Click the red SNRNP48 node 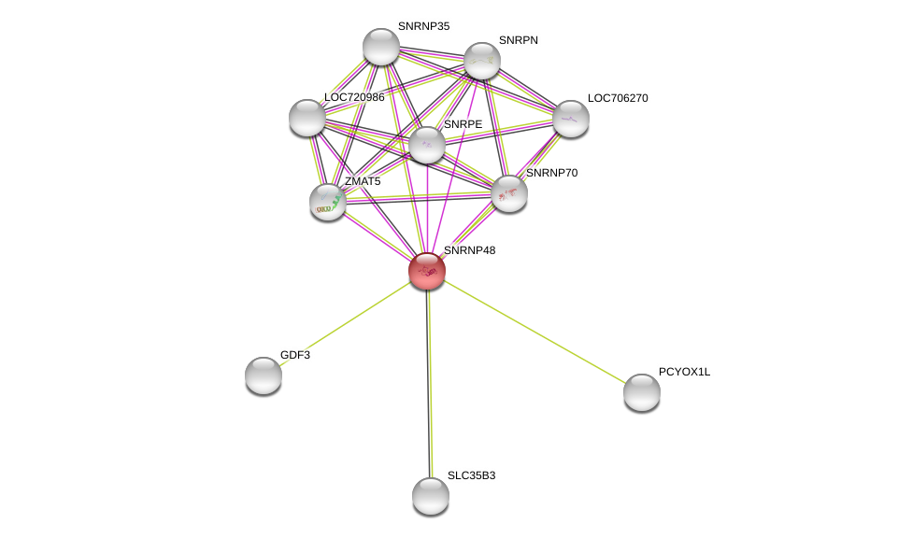[427, 271]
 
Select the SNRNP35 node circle [381, 47]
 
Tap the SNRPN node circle [482, 61]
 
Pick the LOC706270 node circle [571, 119]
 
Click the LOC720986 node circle [307, 118]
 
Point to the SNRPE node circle [427, 145]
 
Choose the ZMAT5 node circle [328, 202]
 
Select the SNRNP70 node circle [509, 193]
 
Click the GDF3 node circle [264, 375]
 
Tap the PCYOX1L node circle [642, 392]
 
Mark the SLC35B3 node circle [431, 496]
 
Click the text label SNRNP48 [469, 250]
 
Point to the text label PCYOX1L [684, 372]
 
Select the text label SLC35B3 [471, 475]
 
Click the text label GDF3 [295, 355]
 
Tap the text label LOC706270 [618, 98]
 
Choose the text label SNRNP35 [423, 26]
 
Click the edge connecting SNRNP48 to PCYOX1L [534, 332]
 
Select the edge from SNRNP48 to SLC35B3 [429, 383]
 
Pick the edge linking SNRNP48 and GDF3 [346, 323]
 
